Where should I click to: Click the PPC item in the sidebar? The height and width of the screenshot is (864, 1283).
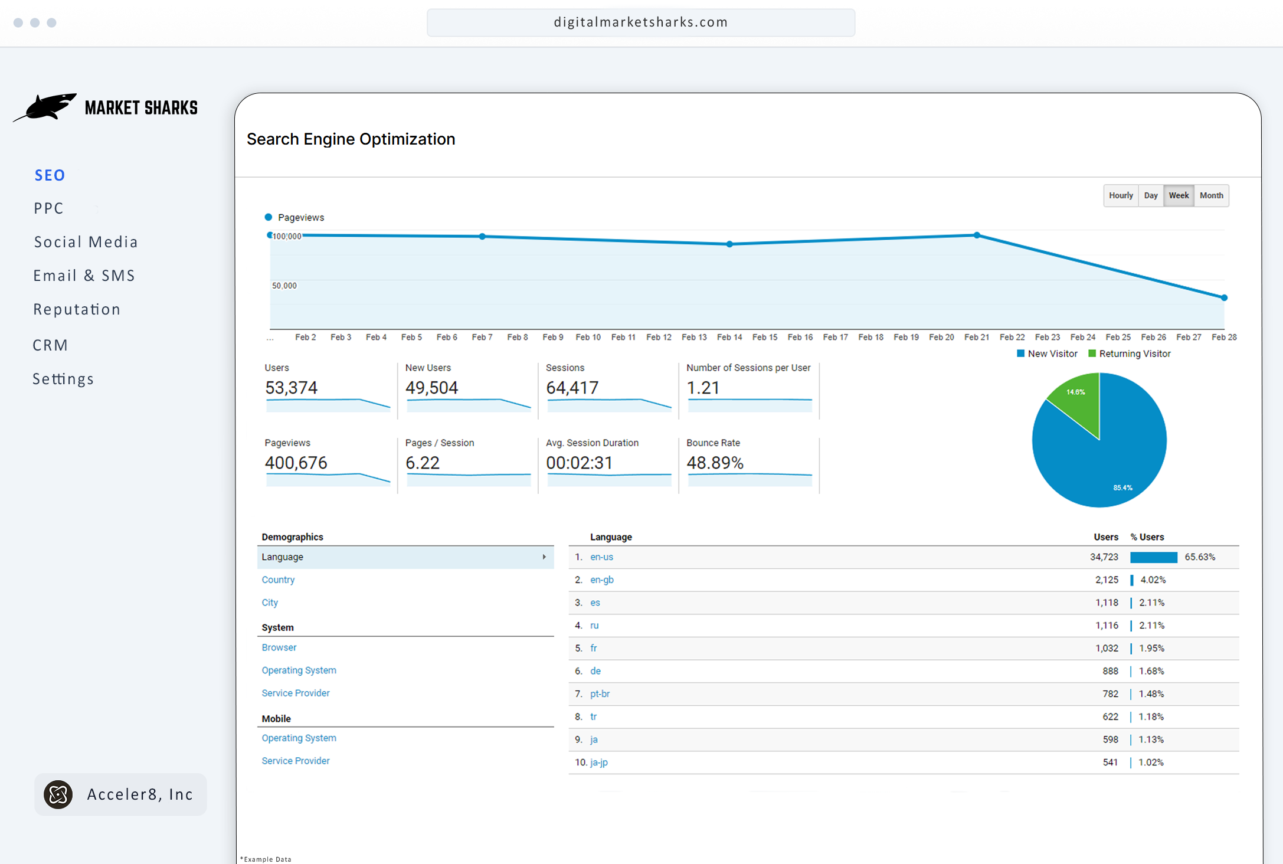point(48,208)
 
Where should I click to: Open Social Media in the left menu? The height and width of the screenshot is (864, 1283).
point(86,242)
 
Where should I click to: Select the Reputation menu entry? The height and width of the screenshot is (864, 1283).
point(77,309)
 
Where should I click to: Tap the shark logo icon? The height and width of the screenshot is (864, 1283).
point(46,107)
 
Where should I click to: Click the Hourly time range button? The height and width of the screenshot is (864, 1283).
point(1120,195)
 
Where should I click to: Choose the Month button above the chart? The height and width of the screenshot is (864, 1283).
point(1211,195)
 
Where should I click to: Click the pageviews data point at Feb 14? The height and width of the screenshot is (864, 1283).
point(729,244)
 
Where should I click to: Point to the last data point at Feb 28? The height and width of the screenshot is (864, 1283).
point(1224,297)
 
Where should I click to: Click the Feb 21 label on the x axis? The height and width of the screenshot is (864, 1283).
point(976,337)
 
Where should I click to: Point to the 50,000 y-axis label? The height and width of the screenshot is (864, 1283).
point(284,286)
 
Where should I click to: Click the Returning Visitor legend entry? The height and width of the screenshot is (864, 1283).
point(1134,354)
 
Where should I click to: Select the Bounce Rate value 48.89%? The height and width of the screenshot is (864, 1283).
point(715,463)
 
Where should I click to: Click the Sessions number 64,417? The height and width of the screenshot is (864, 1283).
point(572,388)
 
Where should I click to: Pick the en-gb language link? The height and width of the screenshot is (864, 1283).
point(601,580)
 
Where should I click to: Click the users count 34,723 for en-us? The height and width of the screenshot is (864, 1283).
point(1104,557)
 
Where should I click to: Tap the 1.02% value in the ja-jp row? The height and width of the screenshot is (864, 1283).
point(1151,762)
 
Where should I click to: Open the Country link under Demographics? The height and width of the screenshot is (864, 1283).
point(278,580)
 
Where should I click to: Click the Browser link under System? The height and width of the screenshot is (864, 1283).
point(279,647)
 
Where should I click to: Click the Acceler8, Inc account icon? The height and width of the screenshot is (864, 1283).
point(58,794)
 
